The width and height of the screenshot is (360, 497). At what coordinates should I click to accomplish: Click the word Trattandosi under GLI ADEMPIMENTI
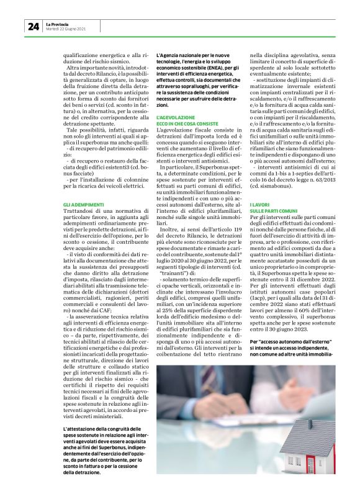pos(79,212)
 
